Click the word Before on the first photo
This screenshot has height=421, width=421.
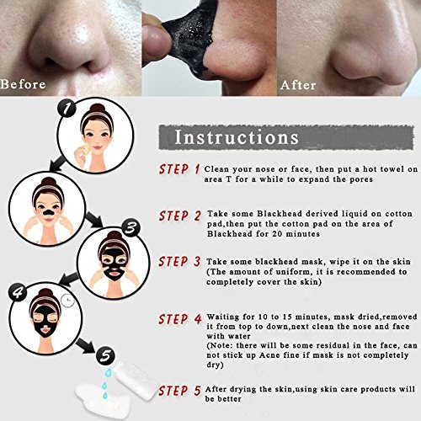click(x=23, y=84)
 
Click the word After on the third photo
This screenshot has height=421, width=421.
click(x=298, y=85)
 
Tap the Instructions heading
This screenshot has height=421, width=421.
click(x=237, y=137)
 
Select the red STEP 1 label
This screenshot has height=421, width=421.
click(x=179, y=169)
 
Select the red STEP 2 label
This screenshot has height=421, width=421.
click(x=180, y=216)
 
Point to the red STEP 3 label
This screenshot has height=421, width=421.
click(x=179, y=262)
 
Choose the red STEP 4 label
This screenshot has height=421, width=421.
click(x=180, y=319)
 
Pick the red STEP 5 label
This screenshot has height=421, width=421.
click(x=179, y=391)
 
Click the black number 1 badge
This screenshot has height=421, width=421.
click(x=67, y=109)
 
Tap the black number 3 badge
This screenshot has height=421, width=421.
click(x=131, y=228)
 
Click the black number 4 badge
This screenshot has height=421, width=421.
click(x=19, y=292)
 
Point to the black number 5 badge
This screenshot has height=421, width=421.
click(x=105, y=356)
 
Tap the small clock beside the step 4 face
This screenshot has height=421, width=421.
click(x=67, y=301)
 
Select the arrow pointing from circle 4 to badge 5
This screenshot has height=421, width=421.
click(x=85, y=344)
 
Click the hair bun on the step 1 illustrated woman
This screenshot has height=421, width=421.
click(x=97, y=108)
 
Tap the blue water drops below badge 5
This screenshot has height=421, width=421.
click(x=105, y=383)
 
